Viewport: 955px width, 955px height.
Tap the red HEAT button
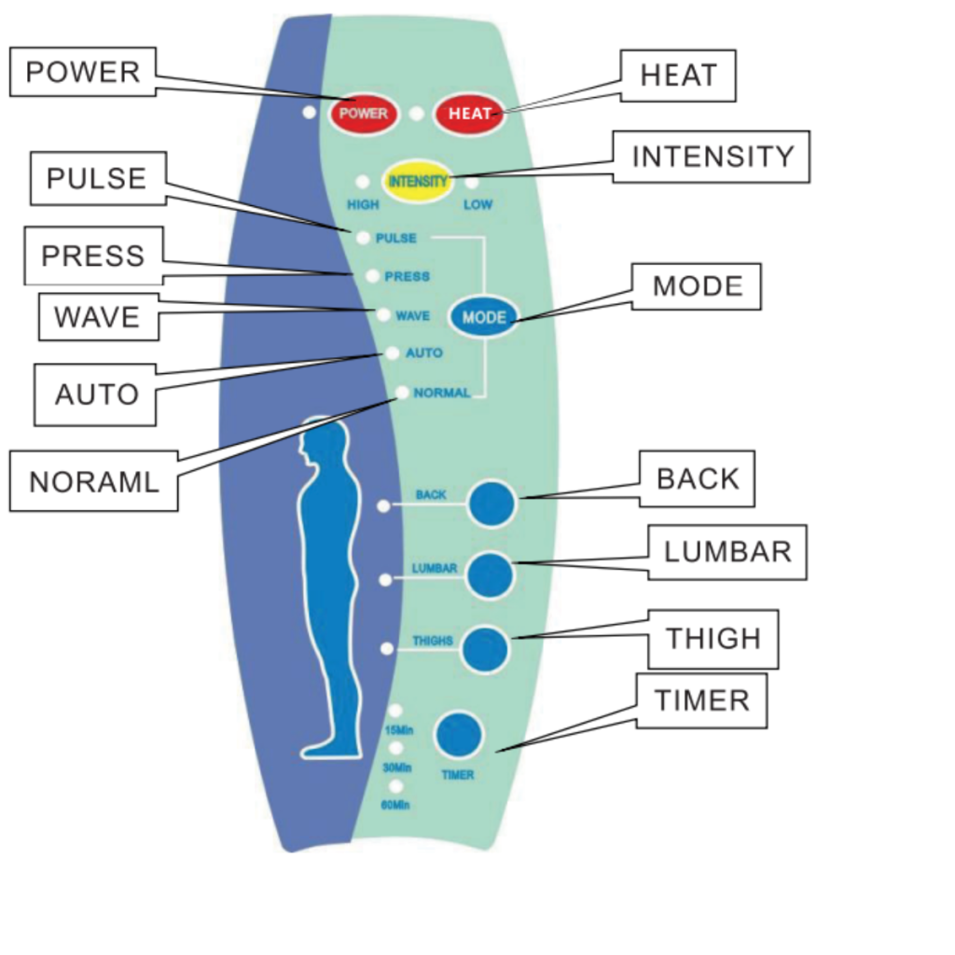coord(469,114)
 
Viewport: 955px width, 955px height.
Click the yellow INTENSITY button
coord(417,181)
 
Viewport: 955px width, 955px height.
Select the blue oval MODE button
coord(483,317)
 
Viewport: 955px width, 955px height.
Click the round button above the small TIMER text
coord(459,735)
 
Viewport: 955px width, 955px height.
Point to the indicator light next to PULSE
coord(363,238)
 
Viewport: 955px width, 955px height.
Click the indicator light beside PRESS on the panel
coord(373,276)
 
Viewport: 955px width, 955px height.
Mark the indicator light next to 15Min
coord(394,712)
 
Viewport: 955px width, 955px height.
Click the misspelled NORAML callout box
coord(94,481)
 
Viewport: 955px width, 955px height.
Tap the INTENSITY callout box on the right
coord(712,157)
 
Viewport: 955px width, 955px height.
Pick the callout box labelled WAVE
coord(97,317)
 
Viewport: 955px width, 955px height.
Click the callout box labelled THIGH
coord(713,639)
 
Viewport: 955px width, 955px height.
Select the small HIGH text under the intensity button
coord(363,205)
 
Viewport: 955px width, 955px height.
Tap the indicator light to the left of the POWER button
coord(308,113)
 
